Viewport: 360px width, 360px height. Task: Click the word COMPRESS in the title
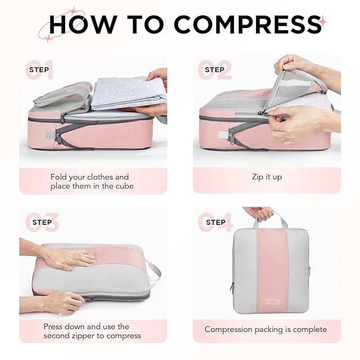(x=247, y=24)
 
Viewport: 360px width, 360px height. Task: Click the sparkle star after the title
(x=323, y=22)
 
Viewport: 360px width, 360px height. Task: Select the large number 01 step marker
(x=40, y=71)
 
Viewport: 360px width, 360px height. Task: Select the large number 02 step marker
(x=215, y=71)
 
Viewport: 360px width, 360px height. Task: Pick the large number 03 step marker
(x=42, y=223)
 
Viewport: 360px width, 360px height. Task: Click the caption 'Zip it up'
(x=267, y=177)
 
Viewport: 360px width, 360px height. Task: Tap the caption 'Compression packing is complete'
(x=266, y=329)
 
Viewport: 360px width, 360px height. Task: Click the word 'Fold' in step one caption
(x=59, y=177)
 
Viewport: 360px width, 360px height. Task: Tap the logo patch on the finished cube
(x=272, y=302)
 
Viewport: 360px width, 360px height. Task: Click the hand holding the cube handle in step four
(x=258, y=213)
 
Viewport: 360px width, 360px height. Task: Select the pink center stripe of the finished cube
(x=272, y=265)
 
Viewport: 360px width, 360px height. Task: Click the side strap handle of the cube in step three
(x=154, y=273)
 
